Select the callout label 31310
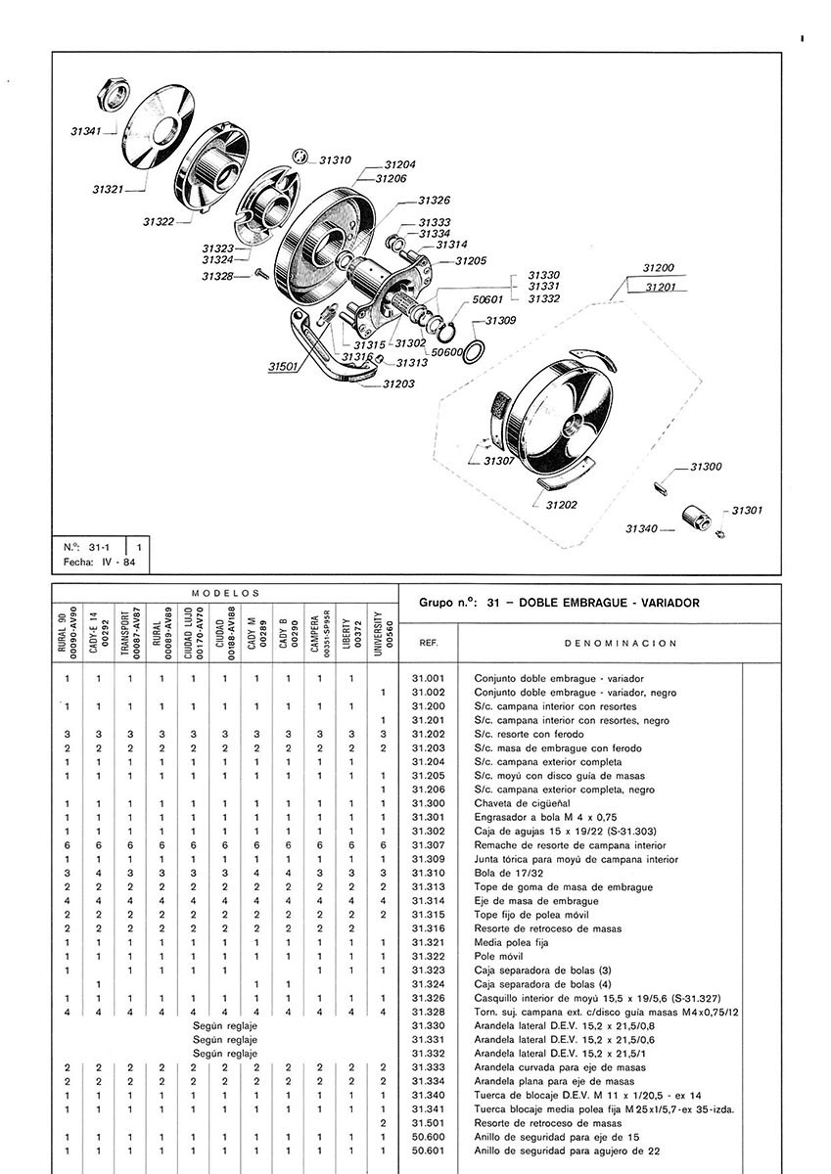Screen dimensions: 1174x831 tap(336, 159)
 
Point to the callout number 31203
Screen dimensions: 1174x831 tap(398, 384)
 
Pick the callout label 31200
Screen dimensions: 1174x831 tap(658, 267)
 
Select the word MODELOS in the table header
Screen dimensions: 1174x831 tap(225, 593)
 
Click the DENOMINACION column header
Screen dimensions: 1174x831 tap(621, 645)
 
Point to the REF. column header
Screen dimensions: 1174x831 tap(429, 645)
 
